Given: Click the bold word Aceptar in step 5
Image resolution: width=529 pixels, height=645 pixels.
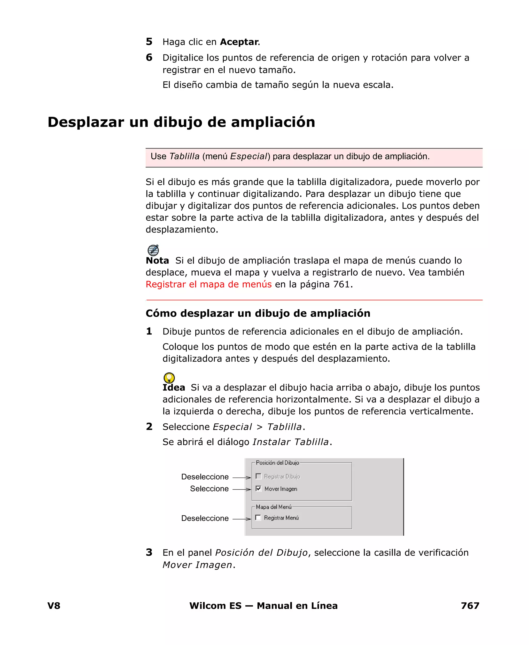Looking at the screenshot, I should pos(239,42).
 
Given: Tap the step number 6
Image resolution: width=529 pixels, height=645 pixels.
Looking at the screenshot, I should pos(149,57).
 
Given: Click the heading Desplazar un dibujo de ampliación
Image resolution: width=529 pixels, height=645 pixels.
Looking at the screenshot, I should pos(181,122).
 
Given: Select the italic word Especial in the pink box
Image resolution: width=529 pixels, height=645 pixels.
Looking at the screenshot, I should pos(248,156).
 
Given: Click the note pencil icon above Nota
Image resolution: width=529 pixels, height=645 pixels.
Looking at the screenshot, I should pos(153,250).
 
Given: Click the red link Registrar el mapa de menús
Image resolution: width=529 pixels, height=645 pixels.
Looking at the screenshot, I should pos(208,284).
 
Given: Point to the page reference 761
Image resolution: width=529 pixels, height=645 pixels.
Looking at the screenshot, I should pos(341,284).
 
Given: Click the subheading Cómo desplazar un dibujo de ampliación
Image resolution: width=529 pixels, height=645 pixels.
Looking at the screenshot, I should pos(258,313).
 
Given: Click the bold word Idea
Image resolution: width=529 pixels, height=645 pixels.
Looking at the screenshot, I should pos(174,387).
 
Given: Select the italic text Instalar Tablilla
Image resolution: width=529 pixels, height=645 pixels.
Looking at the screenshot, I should pos(291,442).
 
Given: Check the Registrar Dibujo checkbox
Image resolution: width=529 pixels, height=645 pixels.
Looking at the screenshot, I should pos(258,476).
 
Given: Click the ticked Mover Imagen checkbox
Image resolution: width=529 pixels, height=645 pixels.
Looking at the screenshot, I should pos(258,489).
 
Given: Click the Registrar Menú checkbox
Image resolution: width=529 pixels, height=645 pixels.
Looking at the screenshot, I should pos(258,518).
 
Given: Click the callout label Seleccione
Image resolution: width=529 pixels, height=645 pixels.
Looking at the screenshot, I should pos(209,489).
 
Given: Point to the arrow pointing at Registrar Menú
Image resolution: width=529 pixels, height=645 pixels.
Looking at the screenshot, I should pos(242,519).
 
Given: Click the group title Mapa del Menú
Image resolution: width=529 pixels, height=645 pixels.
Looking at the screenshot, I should pos(274,507).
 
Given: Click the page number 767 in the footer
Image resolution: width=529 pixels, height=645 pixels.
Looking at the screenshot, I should pos(470,606).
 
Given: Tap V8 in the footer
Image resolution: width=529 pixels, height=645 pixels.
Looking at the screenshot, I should pos(54,606).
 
